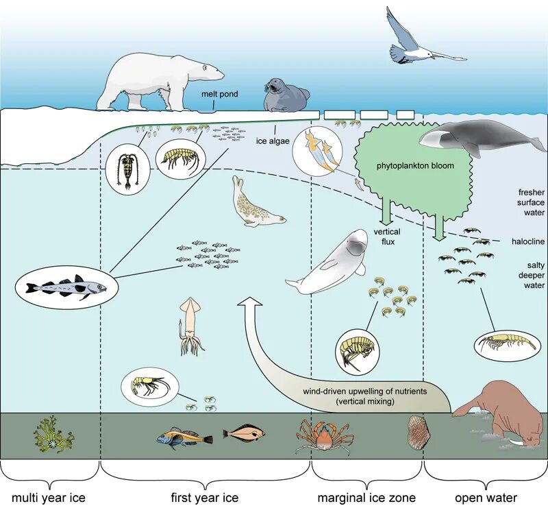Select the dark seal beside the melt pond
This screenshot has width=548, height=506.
pos(286,95)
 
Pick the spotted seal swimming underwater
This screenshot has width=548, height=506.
pos(256,206)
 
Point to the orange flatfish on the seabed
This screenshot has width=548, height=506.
pos(243,433)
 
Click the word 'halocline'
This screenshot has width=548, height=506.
pos(527,241)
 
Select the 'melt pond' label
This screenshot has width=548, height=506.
pos(220,94)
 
